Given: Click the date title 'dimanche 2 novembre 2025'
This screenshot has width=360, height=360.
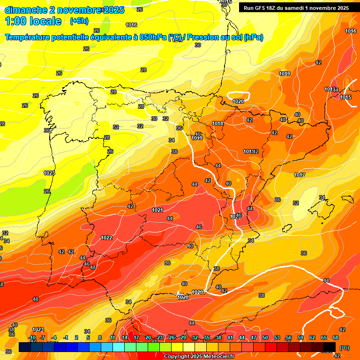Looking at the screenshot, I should tap(65, 10).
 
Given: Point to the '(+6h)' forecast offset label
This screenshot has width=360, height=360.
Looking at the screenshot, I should tap(78, 21).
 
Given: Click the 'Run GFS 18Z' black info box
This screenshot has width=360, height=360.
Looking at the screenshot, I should tap(296, 7).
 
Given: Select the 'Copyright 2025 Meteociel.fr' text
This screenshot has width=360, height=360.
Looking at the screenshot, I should tap(199, 356).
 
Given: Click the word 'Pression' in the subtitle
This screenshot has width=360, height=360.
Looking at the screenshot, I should tap(205, 37).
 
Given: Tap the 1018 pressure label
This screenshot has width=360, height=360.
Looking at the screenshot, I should tap(217, 124).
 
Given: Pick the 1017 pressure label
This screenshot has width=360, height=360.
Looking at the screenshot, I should tap(300, 175).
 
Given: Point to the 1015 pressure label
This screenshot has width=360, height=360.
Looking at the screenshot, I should tap(346, 97).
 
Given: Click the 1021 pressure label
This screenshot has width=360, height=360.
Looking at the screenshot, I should tap(157, 210).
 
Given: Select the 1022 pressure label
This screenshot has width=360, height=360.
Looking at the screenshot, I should tap(106, 238).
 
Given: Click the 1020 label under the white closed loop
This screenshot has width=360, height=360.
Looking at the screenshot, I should tap(238, 101).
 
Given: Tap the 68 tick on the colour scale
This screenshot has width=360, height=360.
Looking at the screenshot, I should tap(336, 337).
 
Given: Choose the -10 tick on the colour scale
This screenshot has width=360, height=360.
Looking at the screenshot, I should tap(32, 337).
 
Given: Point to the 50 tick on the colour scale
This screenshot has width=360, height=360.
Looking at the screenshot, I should tap(265, 337).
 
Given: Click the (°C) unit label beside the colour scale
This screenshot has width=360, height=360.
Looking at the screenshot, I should tap(344, 348).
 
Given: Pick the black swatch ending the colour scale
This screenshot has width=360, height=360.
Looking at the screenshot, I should tap(330, 347).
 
